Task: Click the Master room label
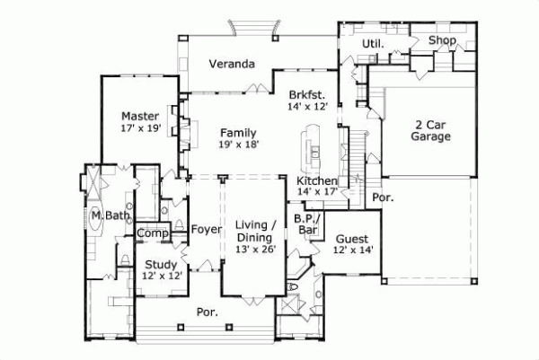(140, 116)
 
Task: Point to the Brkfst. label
(306, 93)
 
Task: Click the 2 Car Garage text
(430, 130)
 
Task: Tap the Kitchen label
(316, 180)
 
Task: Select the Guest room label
(352, 239)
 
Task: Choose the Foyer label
(206, 229)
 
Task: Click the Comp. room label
(153, 233)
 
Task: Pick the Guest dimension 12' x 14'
(352, 250)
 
